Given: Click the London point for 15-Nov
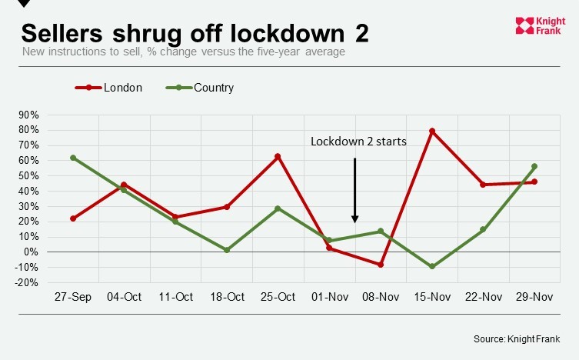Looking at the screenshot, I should [x=432, y=132].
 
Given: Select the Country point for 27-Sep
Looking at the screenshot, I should [x=73, y=158].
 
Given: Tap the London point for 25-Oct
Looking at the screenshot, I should [x=278, y=157].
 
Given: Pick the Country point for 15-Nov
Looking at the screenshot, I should [x=432, y=266].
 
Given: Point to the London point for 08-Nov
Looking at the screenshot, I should [x=381, y=265].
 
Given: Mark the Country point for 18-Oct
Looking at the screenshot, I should [x=227, y=250].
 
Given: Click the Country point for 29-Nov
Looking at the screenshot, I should [x=534, y=166].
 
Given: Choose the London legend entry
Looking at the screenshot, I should [x=108, y=88].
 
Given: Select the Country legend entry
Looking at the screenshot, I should [x=200, y=88].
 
